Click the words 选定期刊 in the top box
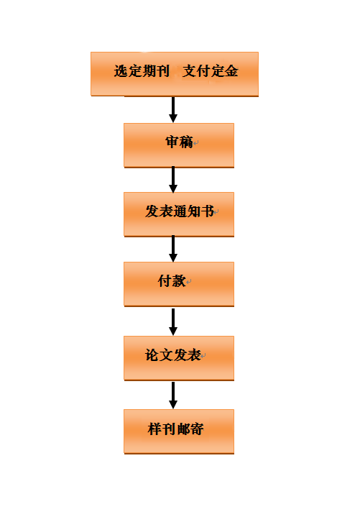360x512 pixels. tap(142, 71)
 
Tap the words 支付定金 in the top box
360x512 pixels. tap(211, 71)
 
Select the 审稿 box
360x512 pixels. tap(179, 145)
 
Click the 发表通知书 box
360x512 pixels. tap(179, 214)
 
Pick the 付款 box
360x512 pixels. tap(179, 284)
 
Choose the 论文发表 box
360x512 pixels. tap(179, 358)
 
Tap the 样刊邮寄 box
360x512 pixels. tap(179, 431)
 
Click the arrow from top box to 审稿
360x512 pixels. tap(173, 110)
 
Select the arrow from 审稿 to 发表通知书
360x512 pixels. tap(173, 180)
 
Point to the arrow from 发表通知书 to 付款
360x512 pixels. tap(173, 249)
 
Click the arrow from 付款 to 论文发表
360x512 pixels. tap(173, 322)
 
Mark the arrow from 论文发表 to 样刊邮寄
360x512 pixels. tap(173, 396)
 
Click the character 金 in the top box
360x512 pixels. tap(231, 71)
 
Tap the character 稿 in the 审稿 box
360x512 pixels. tap(186, 142)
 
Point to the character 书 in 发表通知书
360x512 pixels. tap(207, 211)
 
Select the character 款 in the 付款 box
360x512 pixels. tap(179, 281)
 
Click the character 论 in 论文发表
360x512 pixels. tap(152, 355)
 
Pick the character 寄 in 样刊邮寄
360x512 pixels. tap(197, 429)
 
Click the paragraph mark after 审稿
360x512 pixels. tap(196, 143)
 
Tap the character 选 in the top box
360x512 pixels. tap(121, 71)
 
